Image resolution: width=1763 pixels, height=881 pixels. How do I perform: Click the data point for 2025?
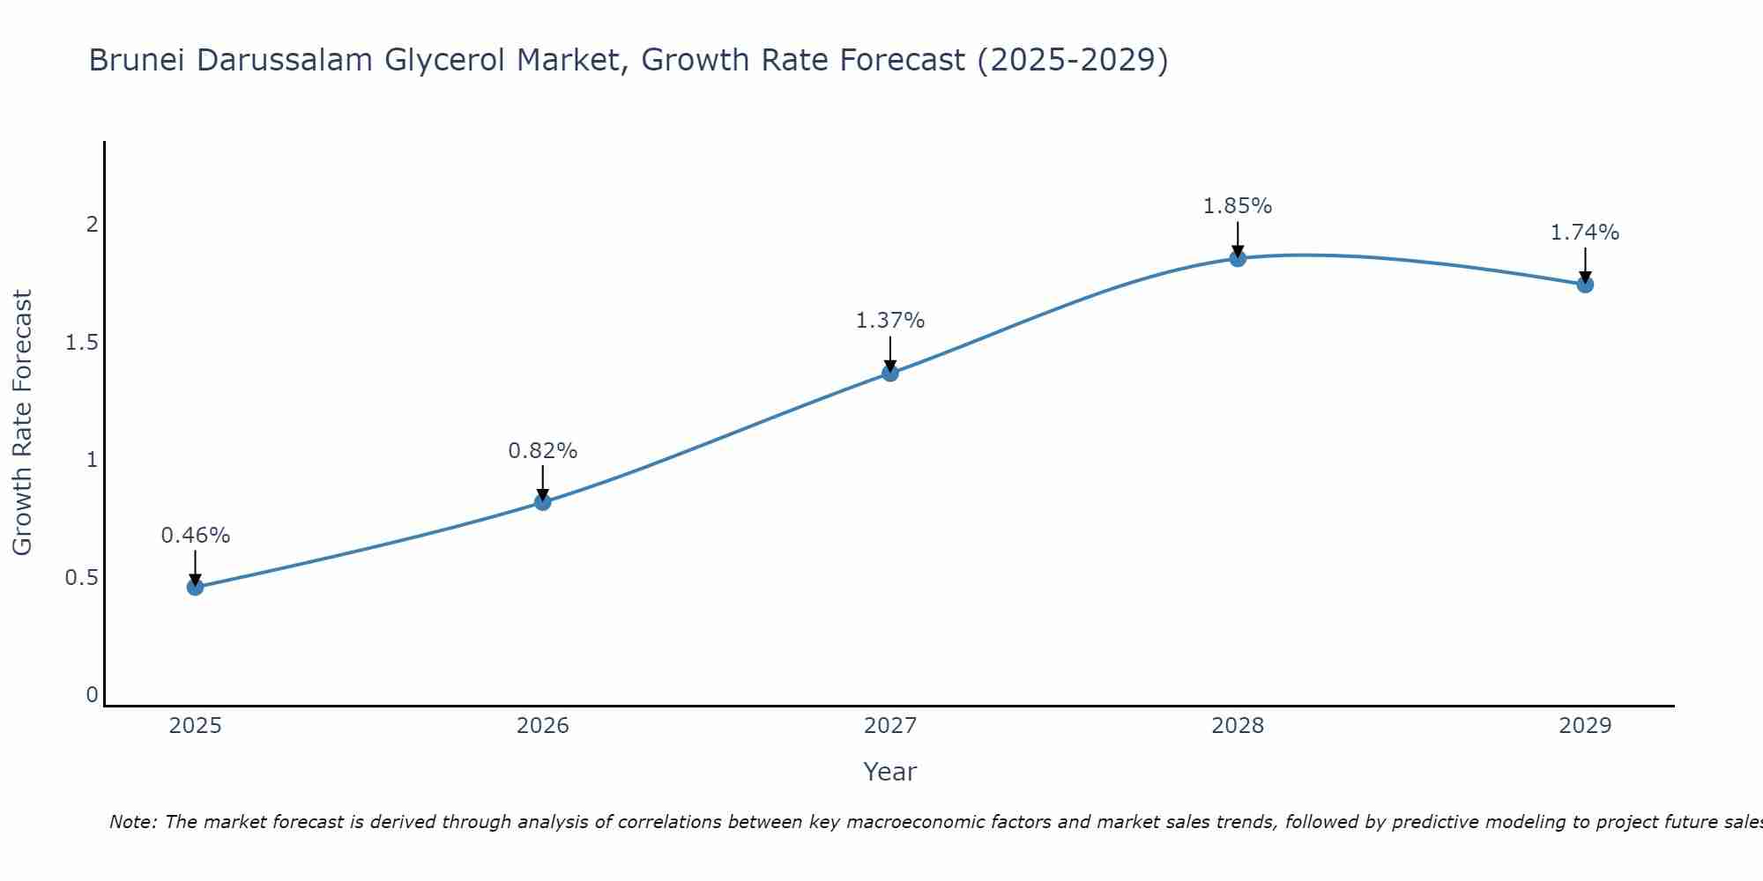click(195, 587)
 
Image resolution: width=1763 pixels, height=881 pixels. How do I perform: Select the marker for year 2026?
click(542, 502)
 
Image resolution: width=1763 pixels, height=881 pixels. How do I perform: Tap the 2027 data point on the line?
click(890, 373)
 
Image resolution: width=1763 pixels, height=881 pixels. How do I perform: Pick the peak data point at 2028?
click(1238, 258)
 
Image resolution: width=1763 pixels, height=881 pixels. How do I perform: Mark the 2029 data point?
click(1585, 285)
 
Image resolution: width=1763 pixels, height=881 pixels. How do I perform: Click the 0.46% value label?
click(195, 535)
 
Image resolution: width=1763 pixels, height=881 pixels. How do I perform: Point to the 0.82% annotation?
click(542, 450)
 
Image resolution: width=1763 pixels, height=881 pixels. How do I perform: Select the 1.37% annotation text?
click(890, 321)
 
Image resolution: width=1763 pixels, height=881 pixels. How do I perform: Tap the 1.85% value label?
click(1238, 206)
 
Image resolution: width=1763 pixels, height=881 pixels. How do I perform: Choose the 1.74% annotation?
click(1585, 233)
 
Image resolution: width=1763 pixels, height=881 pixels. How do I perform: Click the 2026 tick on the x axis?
click(542, 726)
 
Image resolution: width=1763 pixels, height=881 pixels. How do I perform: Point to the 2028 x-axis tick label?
click(1238, 726)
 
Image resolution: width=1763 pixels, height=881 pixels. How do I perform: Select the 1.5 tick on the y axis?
click(81, 343)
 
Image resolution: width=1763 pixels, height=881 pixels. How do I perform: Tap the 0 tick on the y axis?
click(92, 695)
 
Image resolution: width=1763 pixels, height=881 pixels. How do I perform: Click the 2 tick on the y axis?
click(92, 225)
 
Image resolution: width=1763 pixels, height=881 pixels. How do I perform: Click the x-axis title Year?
click(890, 772)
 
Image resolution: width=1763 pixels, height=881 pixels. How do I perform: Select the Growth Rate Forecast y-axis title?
click(23, 423)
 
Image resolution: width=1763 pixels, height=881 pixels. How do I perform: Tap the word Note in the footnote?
click(131, 822)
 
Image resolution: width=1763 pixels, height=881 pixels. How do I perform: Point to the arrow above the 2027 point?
click(890, 353)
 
